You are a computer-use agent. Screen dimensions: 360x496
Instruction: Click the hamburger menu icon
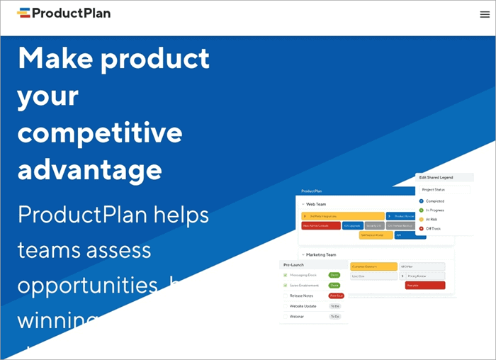(x=485, y=14)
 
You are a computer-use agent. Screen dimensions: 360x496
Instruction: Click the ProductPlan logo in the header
(x=64, y=13)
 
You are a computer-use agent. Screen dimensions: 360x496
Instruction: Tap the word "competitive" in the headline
(x=99, y=133)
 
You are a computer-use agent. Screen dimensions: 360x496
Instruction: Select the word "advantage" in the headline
(x=89, y=171)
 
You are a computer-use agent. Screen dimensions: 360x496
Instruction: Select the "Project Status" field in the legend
(x=444, y=190)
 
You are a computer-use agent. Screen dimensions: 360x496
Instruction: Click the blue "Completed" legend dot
(x=421, y=201)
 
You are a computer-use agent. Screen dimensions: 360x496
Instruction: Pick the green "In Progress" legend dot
(x=421, y=210)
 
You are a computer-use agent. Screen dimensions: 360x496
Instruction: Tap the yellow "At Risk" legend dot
(x=421, y=220)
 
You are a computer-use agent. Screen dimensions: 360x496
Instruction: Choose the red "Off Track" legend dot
(x=421, y=229)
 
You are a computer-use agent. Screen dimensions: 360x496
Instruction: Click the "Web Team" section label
(x=316, y=204)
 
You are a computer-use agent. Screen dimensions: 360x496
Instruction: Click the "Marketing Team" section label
(x=321, y=254)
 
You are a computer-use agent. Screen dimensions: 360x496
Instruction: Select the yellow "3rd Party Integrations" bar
(x=342, y=216)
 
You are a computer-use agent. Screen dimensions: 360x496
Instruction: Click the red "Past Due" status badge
(x=336, y=296)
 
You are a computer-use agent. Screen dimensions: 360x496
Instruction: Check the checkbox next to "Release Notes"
(x=286, y=296)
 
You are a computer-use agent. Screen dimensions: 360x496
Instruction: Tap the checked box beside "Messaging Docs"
(x=286, y=274)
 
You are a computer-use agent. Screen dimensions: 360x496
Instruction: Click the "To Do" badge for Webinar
(x=335, y=317)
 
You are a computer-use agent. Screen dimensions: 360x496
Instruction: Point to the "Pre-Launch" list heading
(x=294, y=264)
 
